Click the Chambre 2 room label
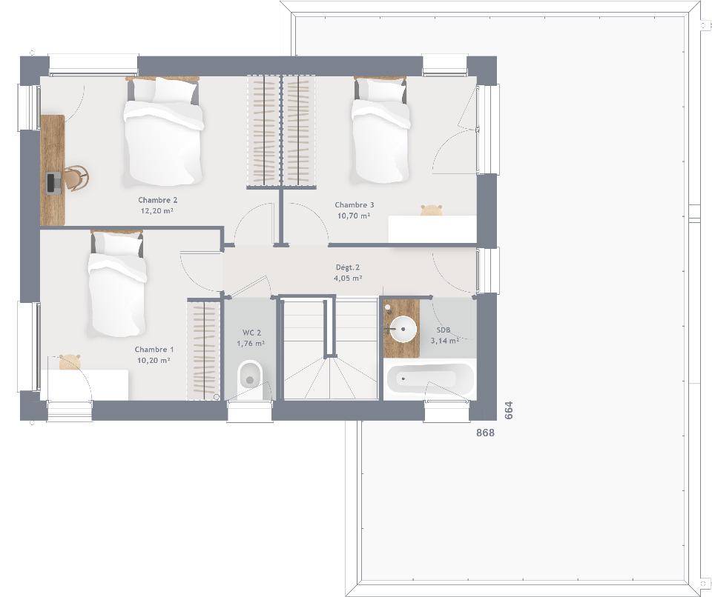coord(157,200)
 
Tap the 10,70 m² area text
coord(353,216)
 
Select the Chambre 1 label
coord(154,350)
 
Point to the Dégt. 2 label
coord(347,267)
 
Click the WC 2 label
coord(251,333)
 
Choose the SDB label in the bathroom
coord(444,330)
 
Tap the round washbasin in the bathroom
coord(403,330)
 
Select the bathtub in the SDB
coord(429,378)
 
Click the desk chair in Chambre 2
coord(76,177)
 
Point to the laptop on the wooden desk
coord(53,183)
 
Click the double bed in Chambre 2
coord(162,132)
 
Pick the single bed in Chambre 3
coord(380,130)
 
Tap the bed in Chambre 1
coord(117,284)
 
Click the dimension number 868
coord(485,433)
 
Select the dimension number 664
coord(509,410)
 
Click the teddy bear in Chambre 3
coord(432,210)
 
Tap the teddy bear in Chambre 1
coord(70,362)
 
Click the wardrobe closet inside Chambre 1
coord(204,350)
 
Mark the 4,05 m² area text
coord(348,279)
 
